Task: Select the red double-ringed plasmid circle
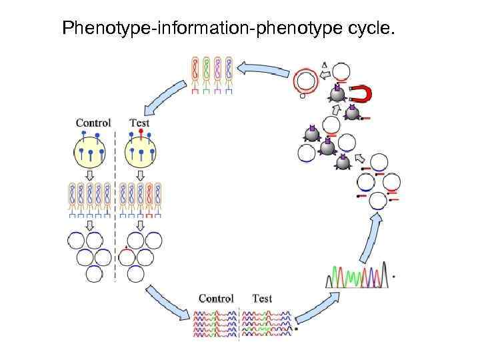[x=306, y=81]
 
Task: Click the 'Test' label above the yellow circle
[x=139, y=123]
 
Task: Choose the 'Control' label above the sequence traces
[x=216, y=298]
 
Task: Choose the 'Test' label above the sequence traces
[x=262, y=298]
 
